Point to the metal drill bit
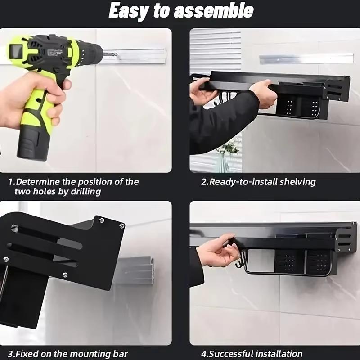click(x=111, y=54)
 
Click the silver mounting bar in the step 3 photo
click(x=135, y=270)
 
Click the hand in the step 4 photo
click(x=216, y=252)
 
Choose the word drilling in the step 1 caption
click(x=85, y=192)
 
